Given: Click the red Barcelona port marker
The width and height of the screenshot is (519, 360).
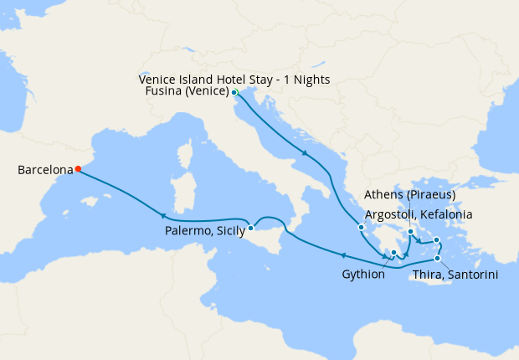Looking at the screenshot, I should click(x=78, y=169).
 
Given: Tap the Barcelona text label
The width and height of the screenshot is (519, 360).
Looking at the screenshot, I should click(x=45, y=170).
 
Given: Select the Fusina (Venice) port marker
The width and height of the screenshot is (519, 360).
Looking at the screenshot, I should click(x=234, y=92).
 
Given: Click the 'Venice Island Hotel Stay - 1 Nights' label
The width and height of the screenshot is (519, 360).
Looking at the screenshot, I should click(x=234, y=80).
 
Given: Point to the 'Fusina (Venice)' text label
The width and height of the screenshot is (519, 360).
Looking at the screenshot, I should click(x=185, y=93).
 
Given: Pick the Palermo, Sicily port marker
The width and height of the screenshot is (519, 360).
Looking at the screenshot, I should click(x=250, y=227).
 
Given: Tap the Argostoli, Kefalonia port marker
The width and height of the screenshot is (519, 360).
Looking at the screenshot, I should click(x=361, y=227).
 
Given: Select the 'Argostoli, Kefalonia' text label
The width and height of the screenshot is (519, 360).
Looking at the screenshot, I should click(x=419, y=215).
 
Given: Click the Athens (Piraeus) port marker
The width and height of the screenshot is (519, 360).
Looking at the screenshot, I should click(x=410, y=232).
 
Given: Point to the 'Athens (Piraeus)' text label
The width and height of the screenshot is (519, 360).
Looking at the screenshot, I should click(x=410, y=195).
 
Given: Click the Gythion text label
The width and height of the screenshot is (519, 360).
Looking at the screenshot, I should click(x=363, y=274).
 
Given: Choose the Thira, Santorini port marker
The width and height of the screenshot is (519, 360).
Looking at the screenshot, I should click(x=437, y=258).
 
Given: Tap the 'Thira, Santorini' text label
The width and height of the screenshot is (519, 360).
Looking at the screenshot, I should click(x=457, y=274).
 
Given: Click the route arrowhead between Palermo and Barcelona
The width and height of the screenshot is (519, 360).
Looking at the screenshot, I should click(x=175, y=216).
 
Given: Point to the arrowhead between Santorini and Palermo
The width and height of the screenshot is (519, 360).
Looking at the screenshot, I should click(x=342, y=254).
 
